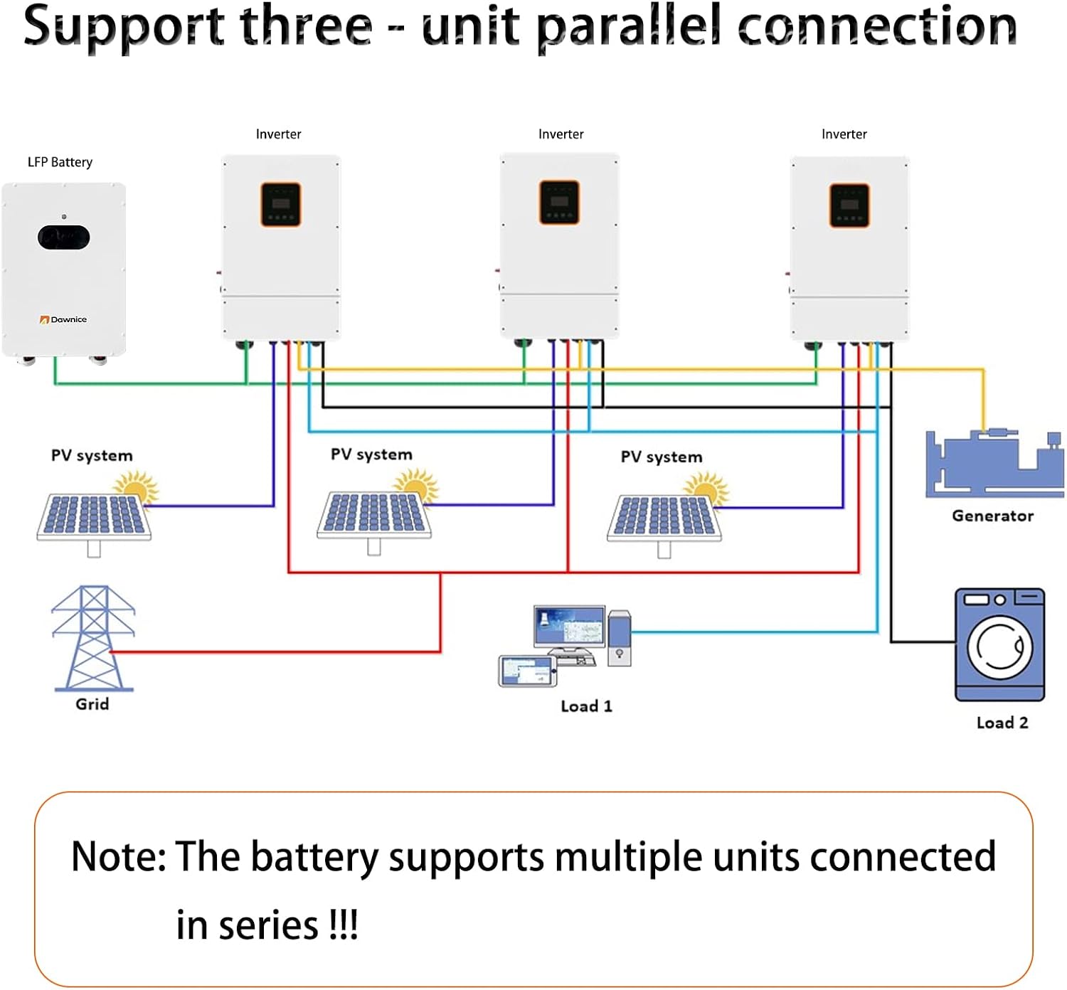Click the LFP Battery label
click(x=60, y=162)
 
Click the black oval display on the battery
click(x=64, y=238)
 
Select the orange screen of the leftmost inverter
click(x=281, y=205)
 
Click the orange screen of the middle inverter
click(x=560, y=202)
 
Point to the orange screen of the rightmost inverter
click(x=849, y=206)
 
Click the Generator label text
click(x=992, y=516)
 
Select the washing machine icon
click(x=999, y=644)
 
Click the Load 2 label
click(x=1002, y=723)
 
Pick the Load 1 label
click(x=586, y=706)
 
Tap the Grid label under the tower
click(x=92, y=704)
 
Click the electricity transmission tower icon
click(x=92, y=638)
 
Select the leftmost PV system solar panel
click(x=94, y=516)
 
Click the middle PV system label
click(x=371, y=454)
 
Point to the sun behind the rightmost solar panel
click(x=706, y=489)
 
